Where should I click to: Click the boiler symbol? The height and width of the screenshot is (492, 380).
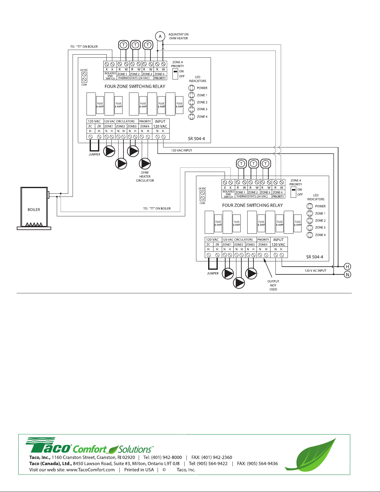point(34,207)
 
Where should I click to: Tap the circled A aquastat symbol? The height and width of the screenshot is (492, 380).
point(160,36)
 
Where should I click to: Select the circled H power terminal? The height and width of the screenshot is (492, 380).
point(347,267)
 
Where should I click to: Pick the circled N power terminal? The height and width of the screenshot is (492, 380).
point(347,275)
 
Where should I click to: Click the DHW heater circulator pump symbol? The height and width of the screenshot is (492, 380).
point(145,164)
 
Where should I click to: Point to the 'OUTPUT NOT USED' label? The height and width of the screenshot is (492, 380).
point(273,285)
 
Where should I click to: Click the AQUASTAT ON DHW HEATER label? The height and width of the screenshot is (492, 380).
point(178,36)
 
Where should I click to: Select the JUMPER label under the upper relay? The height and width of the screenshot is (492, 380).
point(94,155)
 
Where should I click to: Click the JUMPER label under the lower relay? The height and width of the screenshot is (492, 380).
point(213,273)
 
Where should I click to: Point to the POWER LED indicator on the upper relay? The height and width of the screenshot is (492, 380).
point(192,88)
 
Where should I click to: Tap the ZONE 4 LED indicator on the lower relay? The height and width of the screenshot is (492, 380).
point(310,235)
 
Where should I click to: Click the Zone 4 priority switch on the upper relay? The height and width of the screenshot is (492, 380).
point(175,74)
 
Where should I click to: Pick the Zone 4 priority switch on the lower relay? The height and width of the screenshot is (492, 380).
point(293,192)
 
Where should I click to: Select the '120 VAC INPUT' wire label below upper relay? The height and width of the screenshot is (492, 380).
point(181,151)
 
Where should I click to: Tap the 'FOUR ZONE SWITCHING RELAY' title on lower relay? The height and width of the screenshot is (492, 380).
point(253,205)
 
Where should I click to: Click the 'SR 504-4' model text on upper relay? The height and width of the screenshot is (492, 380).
point(196,139)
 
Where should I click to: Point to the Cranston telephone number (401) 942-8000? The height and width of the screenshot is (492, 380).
point(167,457)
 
